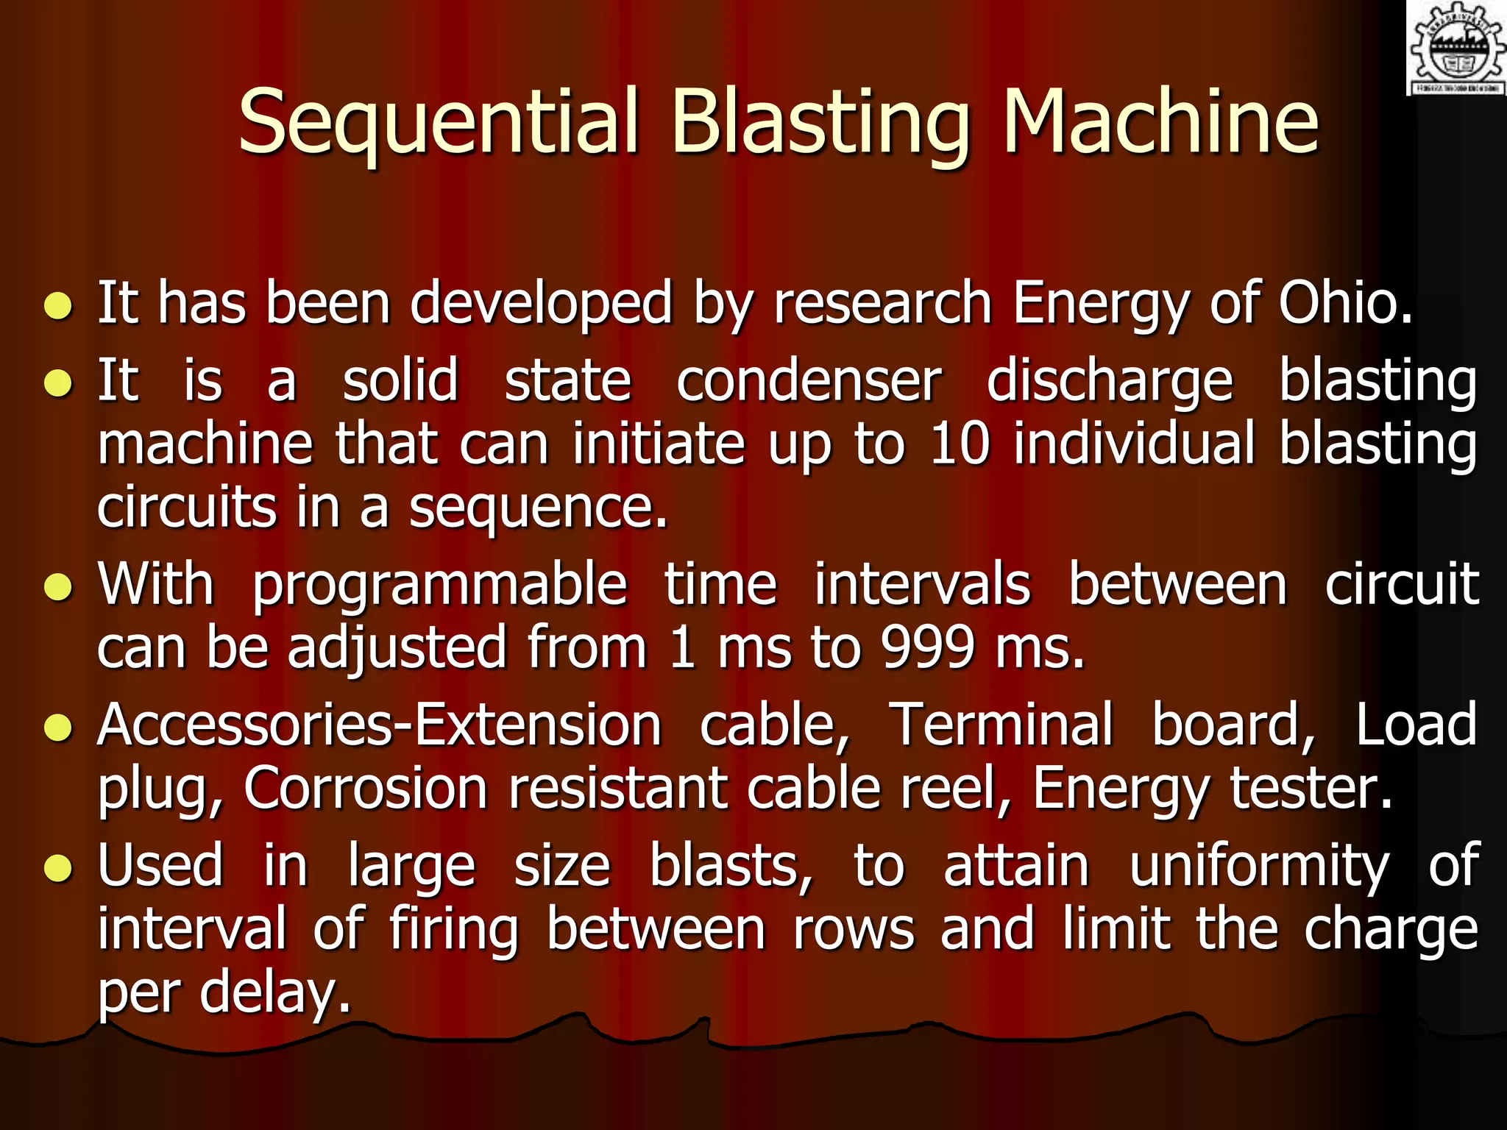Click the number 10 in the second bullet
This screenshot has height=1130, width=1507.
coord(960,444)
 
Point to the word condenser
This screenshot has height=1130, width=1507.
coord(808,381)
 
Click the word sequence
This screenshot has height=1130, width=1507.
coord(537,508)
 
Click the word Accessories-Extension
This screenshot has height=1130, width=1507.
coord(379,725)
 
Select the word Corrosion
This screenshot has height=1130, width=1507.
coord(366,789)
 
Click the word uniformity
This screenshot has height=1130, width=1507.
coord(1258,865)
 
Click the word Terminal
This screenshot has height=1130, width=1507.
coord(1001,725)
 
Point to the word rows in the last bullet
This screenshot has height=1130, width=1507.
coord(854,929)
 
